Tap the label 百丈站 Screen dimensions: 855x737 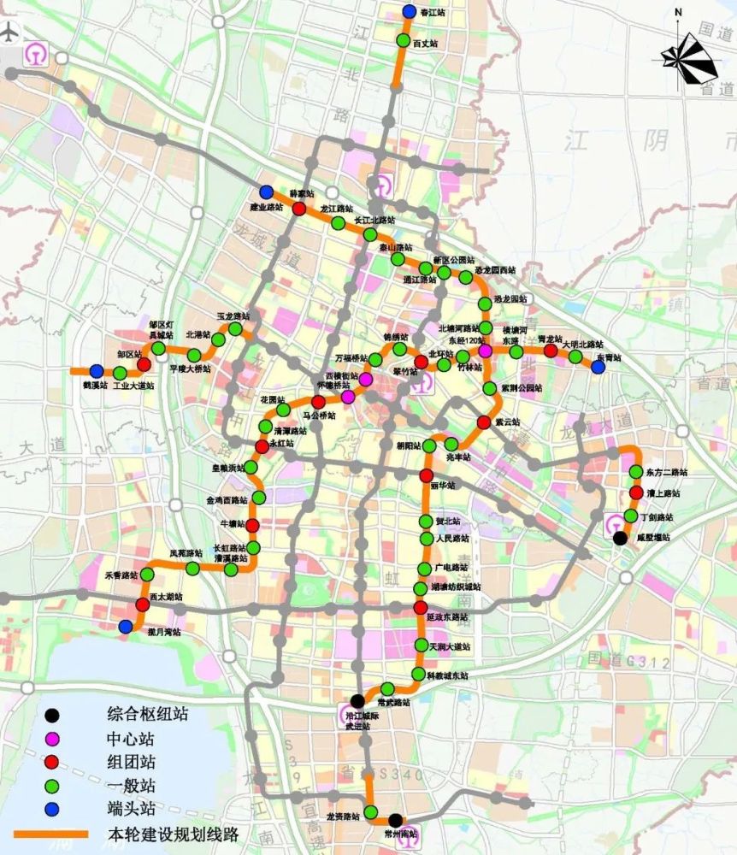click(x=425, y=42)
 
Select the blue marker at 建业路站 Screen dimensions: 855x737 click(x=267, y=192)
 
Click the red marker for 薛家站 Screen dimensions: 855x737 click(x=299, y=209)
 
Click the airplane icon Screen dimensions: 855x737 click(x=10, y=34)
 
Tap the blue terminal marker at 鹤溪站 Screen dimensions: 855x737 click(x=97, y=371)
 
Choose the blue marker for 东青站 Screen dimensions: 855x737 click(x=598, y=367)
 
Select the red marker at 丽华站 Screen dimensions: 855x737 click(x=426, y=475)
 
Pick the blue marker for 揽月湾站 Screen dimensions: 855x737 click(x=126, y=627)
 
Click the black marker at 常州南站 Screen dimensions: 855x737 click(x=395, y=820)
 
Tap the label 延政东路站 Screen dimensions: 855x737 click(x=448, y=617)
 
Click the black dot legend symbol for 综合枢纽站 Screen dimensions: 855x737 click(x=53, y=714)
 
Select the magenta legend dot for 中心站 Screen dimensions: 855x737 click(x=53, y=738)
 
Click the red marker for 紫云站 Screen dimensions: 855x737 click(x=484, y=422)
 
